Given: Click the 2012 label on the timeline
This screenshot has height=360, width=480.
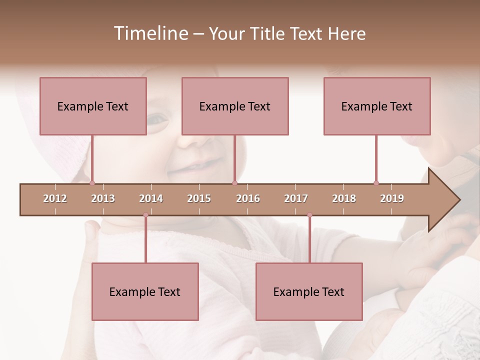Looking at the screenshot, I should pyautogui.click(x=55, y=198).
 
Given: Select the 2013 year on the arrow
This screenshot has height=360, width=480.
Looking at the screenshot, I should pyautogui.click(x=103, y=198).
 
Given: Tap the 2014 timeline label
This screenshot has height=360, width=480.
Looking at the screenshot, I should pyautogui.click(x=151, y=198).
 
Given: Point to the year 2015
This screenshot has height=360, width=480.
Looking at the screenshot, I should pyautogui.click(x=199, y=198).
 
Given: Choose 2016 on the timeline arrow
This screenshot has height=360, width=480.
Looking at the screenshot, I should pyautogui.click(x=248, y=198).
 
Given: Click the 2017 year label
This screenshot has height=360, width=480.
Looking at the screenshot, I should pyautogui.click(x=296, y=198).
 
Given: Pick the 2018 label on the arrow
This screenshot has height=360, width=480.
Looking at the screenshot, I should pyautogui.click(x=344, y=198).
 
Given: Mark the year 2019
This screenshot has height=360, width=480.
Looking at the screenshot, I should pyautogui.click(x=392, y=198).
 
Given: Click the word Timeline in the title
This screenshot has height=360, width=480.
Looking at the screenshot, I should pyautogui.click(x=150, y=33).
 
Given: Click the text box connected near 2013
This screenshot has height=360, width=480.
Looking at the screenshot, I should pyautogui.click(x=93, y=106).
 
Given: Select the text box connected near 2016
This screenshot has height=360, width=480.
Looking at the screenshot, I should pyautogui.click(x=235, y=106).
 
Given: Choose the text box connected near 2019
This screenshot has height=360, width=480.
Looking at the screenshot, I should pyautogui.click(x=377, y=106).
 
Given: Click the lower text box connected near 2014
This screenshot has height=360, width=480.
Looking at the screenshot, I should pyautogui.click(x=145, y=291).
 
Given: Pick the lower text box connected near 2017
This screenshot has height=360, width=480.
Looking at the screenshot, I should pyautogui.click(x=309, y=291).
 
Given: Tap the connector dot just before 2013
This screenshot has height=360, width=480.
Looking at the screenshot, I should pyautogui.click(x=92, y=183).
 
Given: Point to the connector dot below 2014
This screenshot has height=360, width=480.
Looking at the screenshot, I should pyautogui.click(x=145, y=215).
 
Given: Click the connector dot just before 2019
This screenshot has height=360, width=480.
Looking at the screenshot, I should pyautogui.click(x=376, y=183).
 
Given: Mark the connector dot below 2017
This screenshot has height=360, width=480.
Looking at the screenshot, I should pyautogui.click(x=309, y=215).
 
